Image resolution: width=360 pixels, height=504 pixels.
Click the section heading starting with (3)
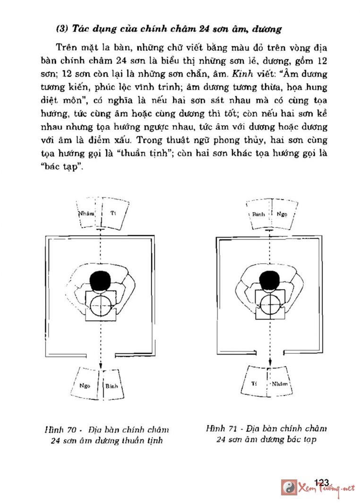(169, 29)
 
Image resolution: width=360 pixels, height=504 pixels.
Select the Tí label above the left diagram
(113, 213)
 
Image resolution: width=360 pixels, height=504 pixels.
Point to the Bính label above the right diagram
(258, 214)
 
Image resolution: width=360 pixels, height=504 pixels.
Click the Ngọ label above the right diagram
(282, 214)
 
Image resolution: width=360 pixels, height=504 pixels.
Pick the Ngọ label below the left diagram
(85, 385)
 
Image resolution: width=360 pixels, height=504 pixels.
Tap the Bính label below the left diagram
(111, 386)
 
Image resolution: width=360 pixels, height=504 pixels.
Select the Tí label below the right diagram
(254, 383)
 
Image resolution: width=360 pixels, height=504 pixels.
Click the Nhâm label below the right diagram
(280, 384)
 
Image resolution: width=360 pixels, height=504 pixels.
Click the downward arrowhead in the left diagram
(101, 367)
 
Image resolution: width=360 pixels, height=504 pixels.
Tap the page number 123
(320, 482)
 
